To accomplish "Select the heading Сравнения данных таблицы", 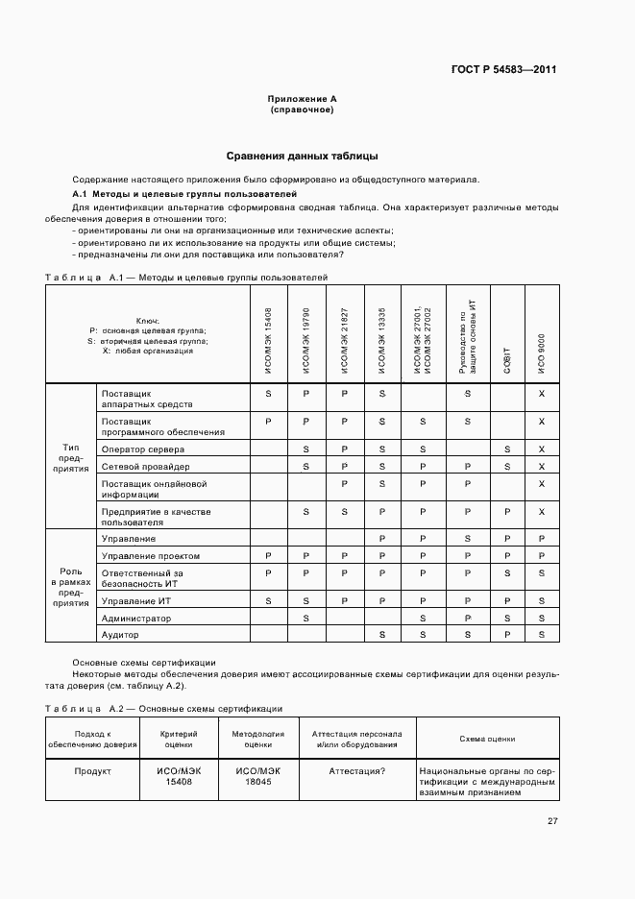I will coord(302,156).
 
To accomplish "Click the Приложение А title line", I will coord(302,99).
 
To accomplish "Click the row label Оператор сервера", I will coord(143,449).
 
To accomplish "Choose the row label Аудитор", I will coord(121,635).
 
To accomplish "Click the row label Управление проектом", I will coord(151,556).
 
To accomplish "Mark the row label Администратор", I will coord(135,618).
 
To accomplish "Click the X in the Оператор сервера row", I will coord(542,449).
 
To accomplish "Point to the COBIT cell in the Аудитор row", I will coord(507,635).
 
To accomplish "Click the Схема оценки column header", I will coord(487,739).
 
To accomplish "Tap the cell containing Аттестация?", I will coord(357,770).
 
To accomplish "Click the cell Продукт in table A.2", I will coord(93,770).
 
